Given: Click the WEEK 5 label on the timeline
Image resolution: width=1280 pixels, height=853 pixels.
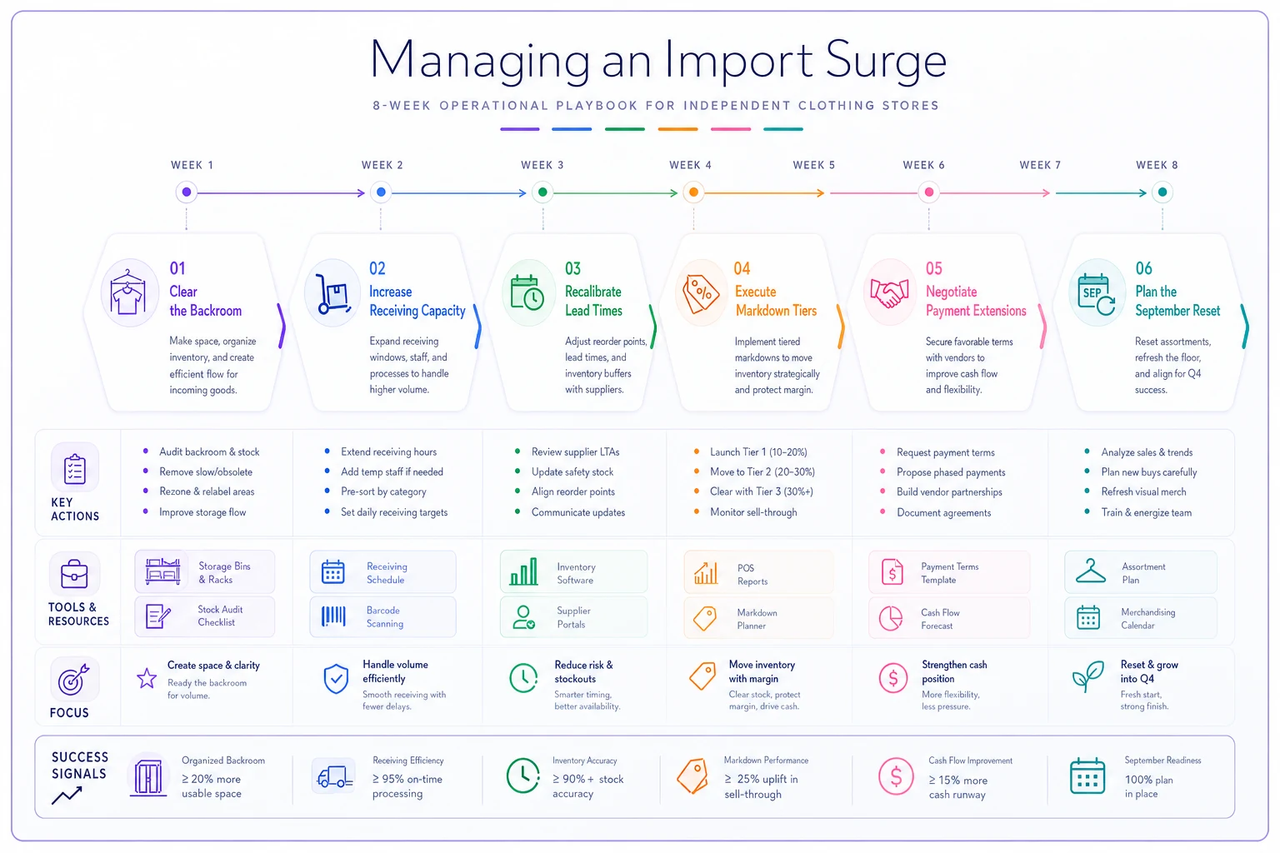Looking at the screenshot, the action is click(813, 165).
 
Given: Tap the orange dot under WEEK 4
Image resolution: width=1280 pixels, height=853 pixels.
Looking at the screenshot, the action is click(693, 192).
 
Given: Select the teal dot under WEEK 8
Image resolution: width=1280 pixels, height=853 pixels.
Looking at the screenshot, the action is click(1162, 192).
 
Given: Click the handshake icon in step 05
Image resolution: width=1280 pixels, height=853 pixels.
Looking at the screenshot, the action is click(889, 292).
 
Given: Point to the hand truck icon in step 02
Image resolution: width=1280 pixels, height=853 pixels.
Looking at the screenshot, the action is click(333, 294).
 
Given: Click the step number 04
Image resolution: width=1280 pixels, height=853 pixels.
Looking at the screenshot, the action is click(742, 268).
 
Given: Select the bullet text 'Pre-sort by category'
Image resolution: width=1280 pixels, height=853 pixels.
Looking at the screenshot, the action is click(383, 491).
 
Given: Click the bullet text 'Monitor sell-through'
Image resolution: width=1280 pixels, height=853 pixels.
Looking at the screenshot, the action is click(753, 512).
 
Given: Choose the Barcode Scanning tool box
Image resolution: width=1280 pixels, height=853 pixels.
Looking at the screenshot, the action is click(382, 617).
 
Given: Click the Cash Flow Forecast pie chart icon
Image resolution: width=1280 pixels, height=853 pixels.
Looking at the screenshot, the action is click(890, 618).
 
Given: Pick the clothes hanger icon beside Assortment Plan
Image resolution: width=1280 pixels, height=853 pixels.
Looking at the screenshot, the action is click(1090, 571).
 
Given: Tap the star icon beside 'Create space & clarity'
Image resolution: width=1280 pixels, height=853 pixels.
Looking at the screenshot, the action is click(147, 678).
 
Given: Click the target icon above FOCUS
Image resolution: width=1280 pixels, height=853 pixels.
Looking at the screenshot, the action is click(73, 679).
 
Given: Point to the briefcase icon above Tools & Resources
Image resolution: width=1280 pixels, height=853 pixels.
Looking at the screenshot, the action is click(74, 574).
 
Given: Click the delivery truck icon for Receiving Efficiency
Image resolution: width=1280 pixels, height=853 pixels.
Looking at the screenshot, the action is click(335, 777).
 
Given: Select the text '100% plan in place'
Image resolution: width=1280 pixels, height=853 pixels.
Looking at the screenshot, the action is click(1148, 786).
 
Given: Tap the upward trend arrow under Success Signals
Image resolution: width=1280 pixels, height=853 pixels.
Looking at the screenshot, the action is click(67, 795).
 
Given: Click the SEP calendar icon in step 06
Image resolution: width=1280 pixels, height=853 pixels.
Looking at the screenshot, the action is click(1096, 294).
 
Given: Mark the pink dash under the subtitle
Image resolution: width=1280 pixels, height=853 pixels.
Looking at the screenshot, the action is click(730, 129).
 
